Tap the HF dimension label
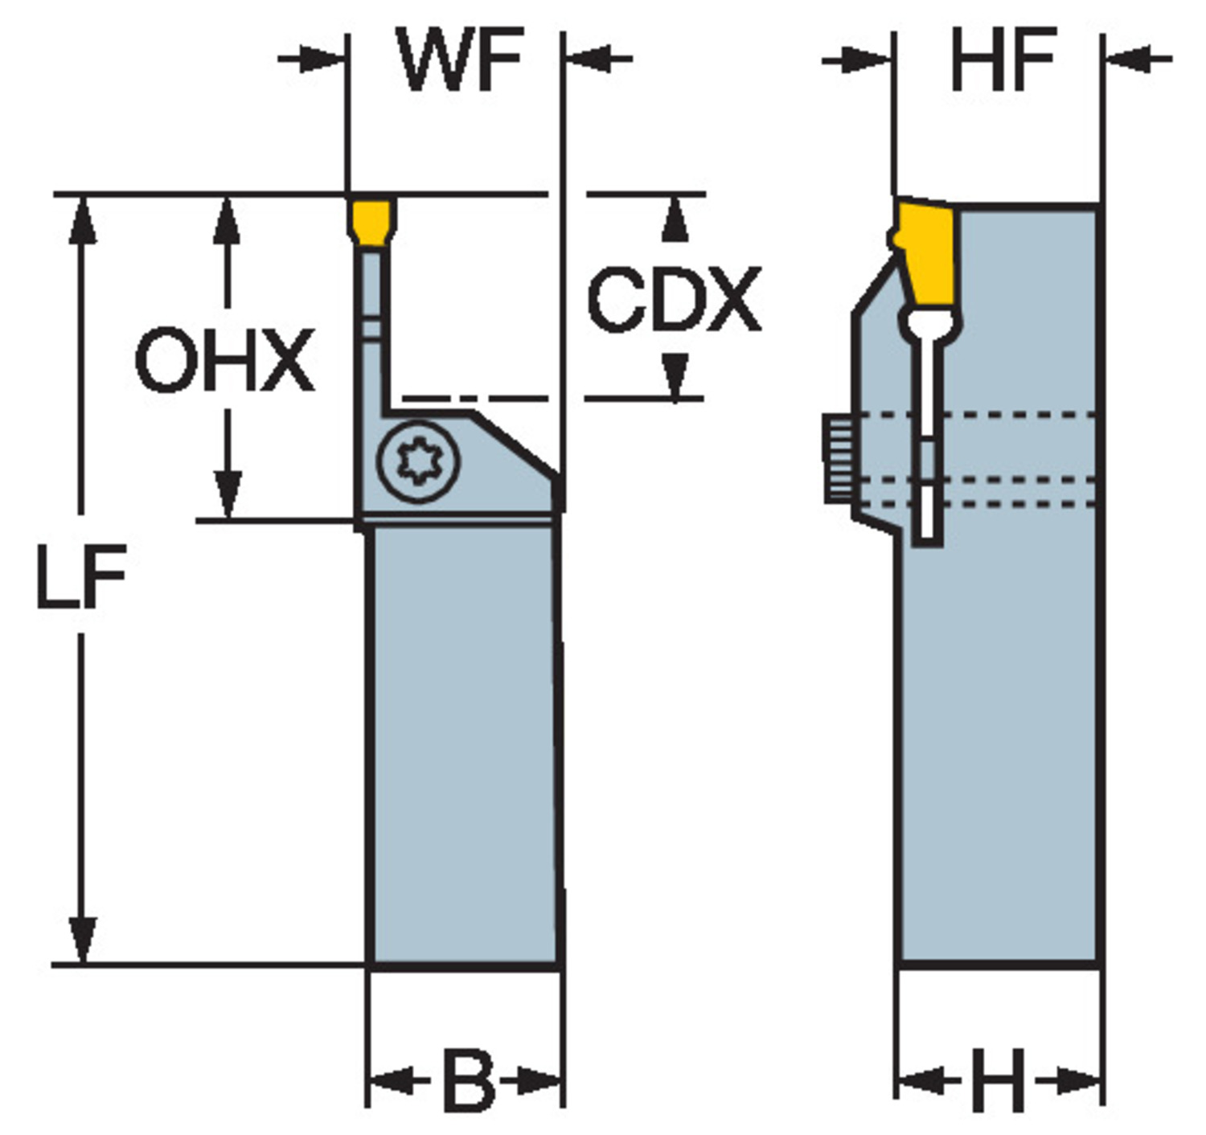[x=1003, y=59]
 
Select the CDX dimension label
[x=674, y=299]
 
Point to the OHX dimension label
[x=224, y=359]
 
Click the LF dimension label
[x=81, y=575]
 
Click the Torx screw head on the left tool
[x=418, y=461]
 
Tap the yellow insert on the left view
[x=371, y=223]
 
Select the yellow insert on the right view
[x=922, y=252]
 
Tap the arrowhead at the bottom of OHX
[x=228, y=495]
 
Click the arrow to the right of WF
[x=599, y=59]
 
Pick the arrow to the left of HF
[x=857, y=59]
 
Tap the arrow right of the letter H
[x=1069, y=1082]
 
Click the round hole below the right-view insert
[x=929, y=322]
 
